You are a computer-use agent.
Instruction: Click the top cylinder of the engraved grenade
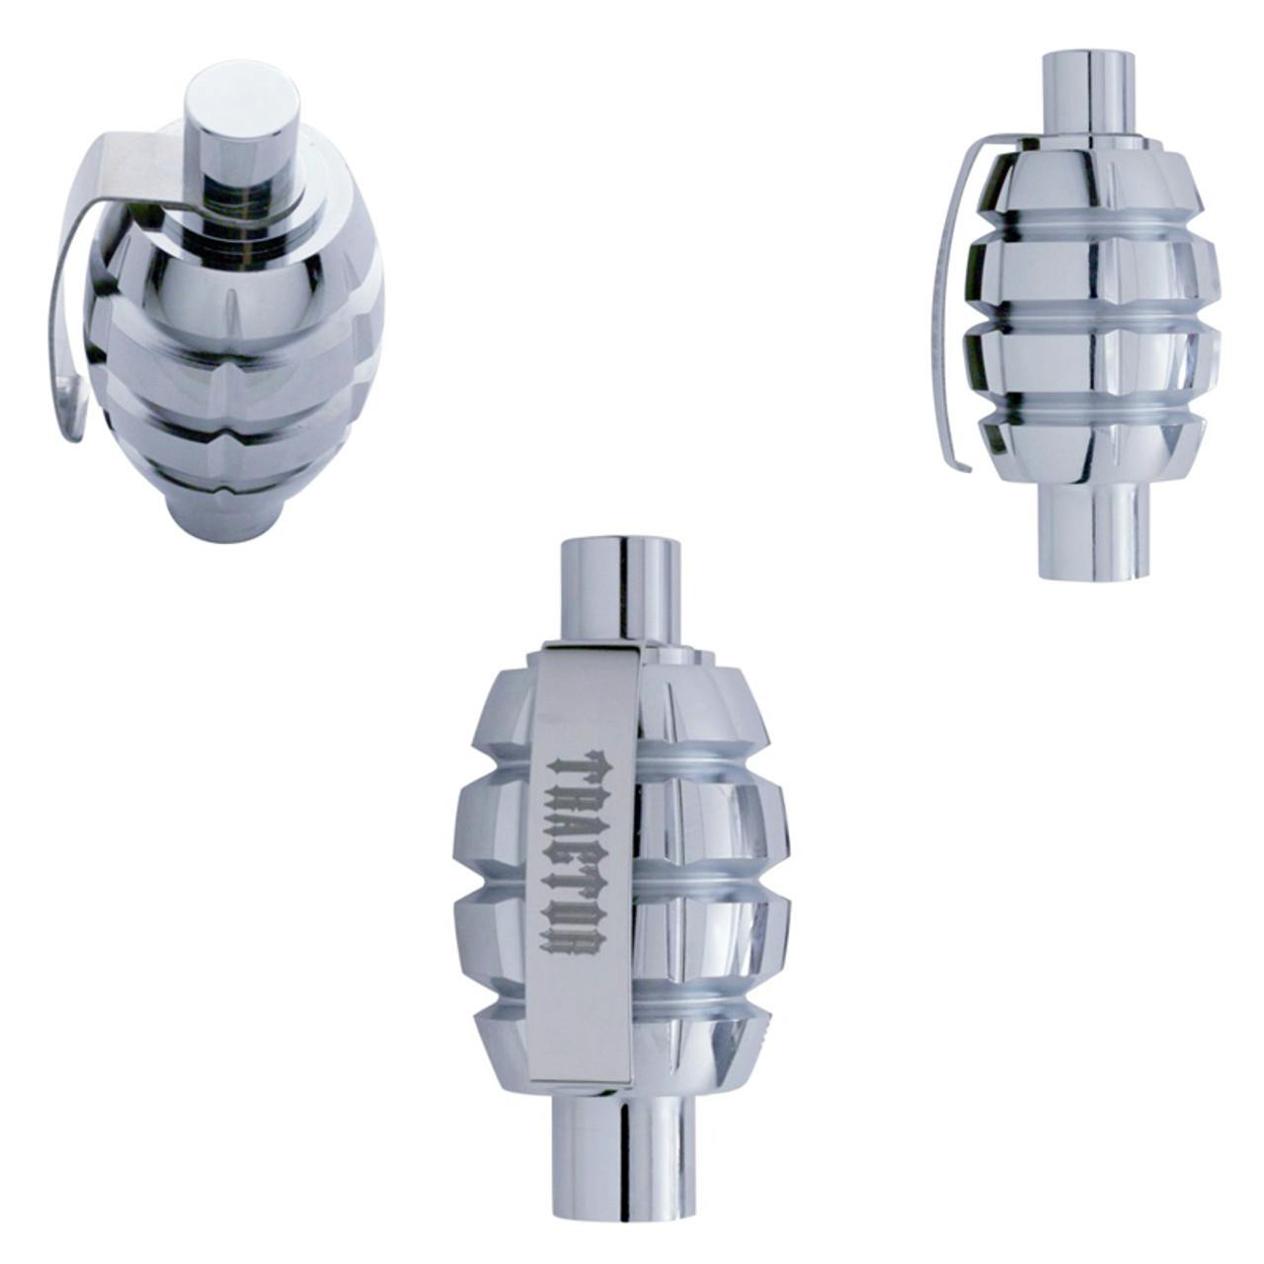622,588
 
